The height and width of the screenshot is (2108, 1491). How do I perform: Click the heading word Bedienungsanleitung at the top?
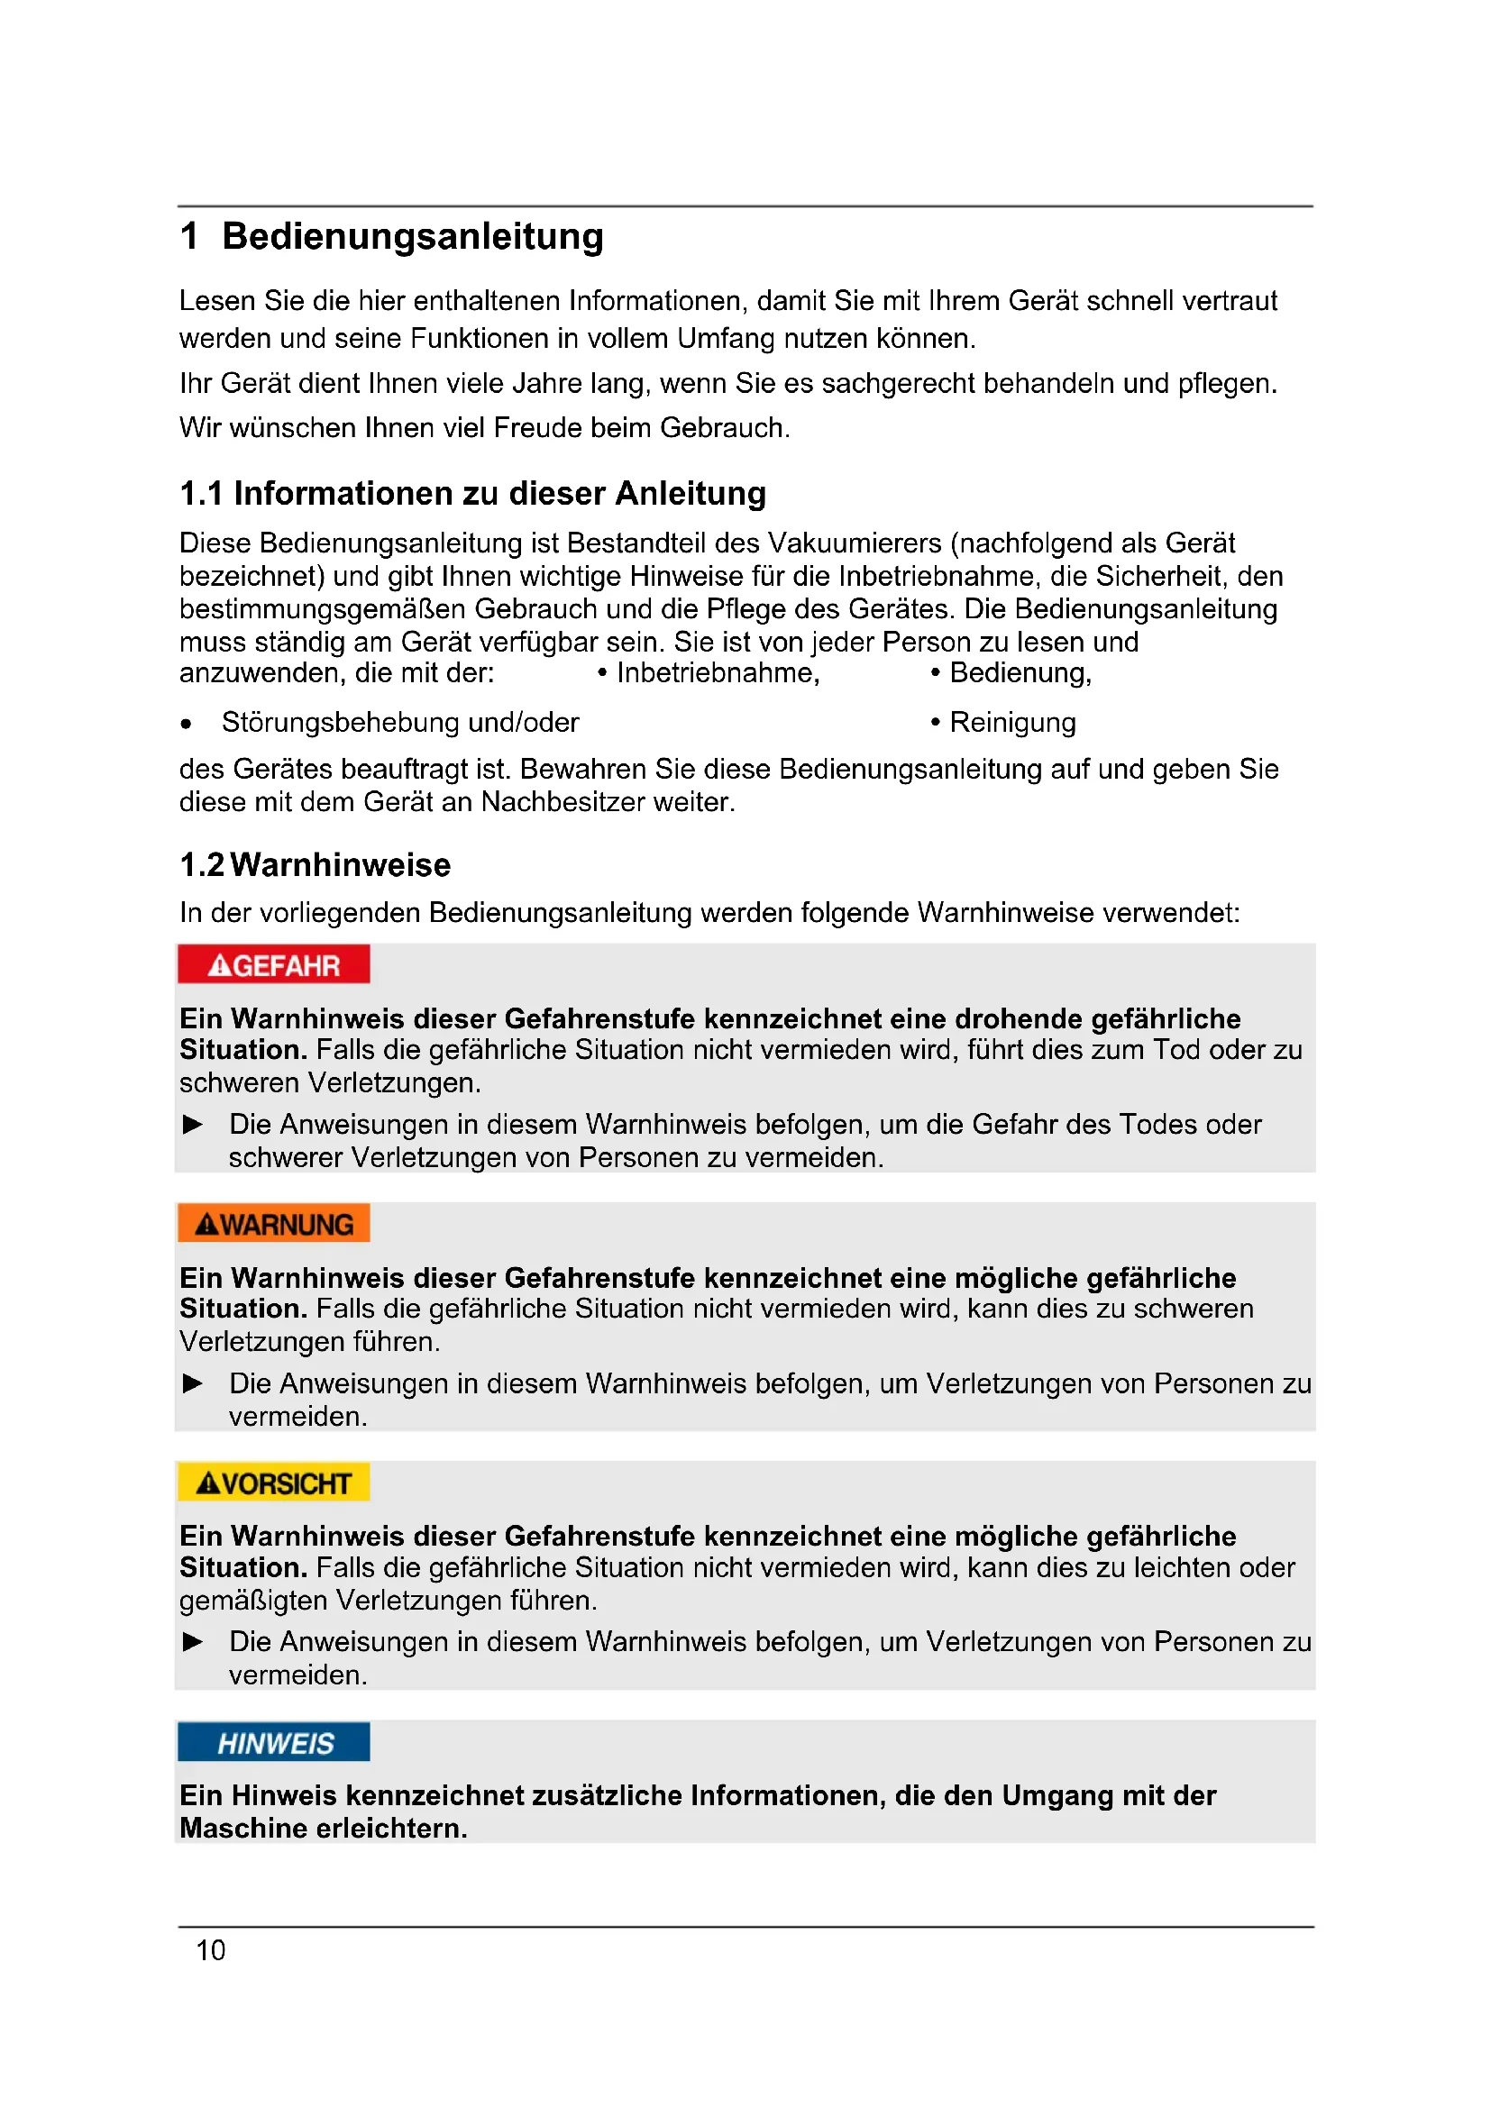[x=412, y=237]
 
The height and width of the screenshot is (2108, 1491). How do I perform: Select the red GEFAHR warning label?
[x=274, y=965]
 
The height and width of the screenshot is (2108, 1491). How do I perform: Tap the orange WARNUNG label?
[x=274, y=1224]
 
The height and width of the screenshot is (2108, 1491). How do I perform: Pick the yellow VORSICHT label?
[x=274, y=1483]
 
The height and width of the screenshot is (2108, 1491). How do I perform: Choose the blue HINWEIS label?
[x=274, y=1743]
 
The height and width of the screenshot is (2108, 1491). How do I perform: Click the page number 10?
[x=210, y=1951]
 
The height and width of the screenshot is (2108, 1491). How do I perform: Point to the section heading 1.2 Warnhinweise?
[x=315, y=865]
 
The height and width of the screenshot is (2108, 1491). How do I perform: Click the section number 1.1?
[x=201, y=494]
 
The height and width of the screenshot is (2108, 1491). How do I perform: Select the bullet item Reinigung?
[x=1011, y=723]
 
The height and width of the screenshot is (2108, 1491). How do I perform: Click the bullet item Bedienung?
[x=1020, y=673]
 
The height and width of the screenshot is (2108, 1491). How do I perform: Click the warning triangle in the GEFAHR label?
[x=219, y=966]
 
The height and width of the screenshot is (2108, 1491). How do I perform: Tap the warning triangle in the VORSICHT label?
[x=208, y=1483]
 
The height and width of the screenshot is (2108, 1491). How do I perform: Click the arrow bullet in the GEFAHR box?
[x=193, y=1125]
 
